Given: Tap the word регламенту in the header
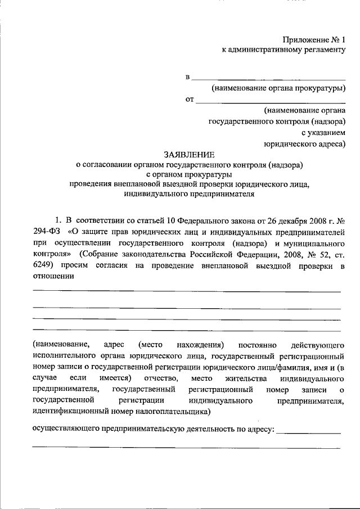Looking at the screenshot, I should tap(323, 51).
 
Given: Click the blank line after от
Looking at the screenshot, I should tap(271, 102).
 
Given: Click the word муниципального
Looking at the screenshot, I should tap(316, 242).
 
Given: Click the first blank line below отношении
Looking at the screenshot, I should tap(186, 291).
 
